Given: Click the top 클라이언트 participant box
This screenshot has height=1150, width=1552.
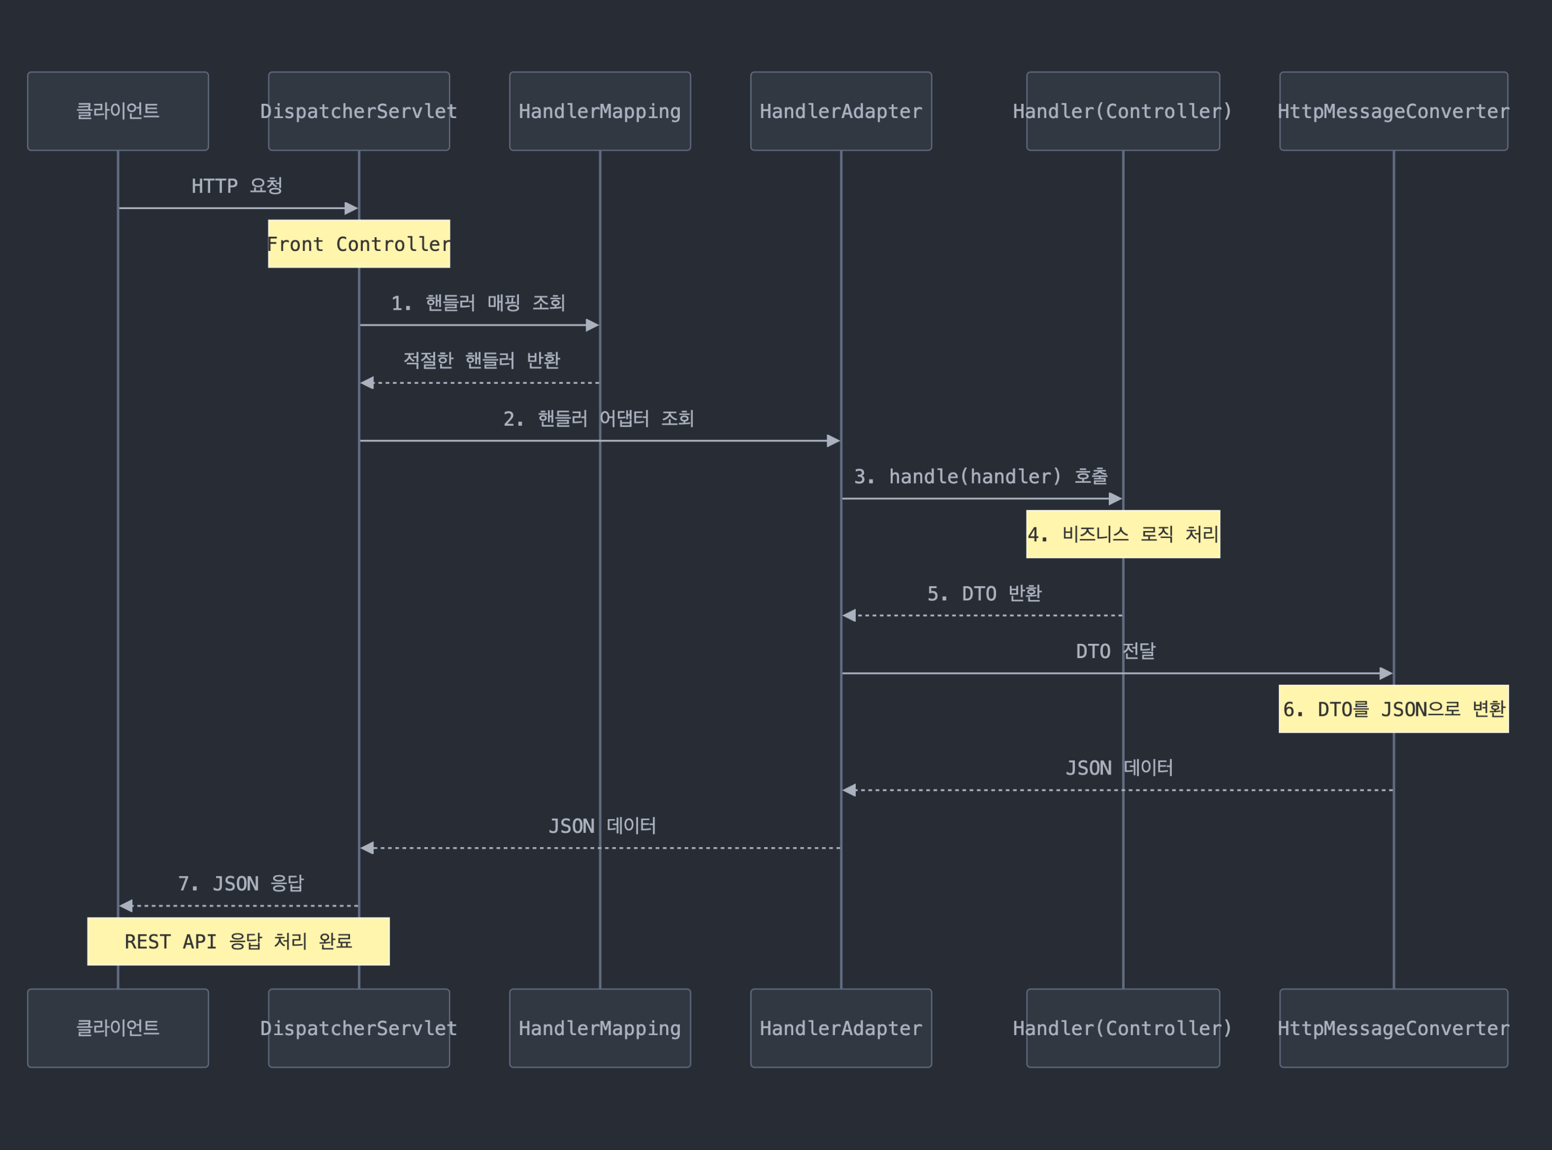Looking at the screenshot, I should point(118,111).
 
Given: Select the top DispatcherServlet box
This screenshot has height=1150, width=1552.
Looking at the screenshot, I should point(358,111).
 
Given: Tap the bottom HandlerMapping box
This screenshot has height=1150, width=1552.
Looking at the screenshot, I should point(599,1028).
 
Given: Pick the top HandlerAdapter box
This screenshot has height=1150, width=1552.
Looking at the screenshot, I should point(840,111).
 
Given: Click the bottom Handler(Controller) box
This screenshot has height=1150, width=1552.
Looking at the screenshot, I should point(1123,1028).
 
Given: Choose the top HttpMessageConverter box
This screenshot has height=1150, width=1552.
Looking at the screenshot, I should point(1393,111).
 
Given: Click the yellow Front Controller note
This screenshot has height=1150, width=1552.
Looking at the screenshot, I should point(358,244).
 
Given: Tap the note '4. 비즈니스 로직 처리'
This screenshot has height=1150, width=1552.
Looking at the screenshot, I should point(1123,534).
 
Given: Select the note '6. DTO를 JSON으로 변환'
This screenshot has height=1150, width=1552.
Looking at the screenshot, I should point(1393,708).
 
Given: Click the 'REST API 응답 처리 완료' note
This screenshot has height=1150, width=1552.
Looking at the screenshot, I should point(238,941).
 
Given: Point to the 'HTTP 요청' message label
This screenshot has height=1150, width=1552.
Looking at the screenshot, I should point(237,186).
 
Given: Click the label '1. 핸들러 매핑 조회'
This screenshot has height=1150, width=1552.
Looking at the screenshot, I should point(478,303).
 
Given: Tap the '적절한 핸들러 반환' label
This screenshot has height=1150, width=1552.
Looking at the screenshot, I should point(481,361).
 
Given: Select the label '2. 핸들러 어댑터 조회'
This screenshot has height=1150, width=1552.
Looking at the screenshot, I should point(599,418).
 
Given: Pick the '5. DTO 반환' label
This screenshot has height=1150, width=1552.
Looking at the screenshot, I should point(984,594).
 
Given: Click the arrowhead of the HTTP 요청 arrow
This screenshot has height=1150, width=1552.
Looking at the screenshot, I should point(352,208).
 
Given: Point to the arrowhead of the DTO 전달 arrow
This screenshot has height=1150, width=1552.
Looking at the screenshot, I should point(1386,673).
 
